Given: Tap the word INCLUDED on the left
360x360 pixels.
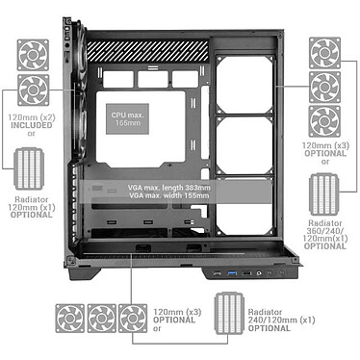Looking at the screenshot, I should (32, 124).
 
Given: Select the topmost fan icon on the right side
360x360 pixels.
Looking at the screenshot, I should (325, 53).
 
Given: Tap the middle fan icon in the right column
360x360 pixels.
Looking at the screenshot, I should (325, 87).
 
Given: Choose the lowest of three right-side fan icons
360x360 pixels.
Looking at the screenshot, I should (325, 121).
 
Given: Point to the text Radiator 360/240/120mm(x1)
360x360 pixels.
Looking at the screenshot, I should (324, 237).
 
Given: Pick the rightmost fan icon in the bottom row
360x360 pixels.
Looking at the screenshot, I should (133, 319).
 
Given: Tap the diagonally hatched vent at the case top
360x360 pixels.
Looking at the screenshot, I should (148, 48).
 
